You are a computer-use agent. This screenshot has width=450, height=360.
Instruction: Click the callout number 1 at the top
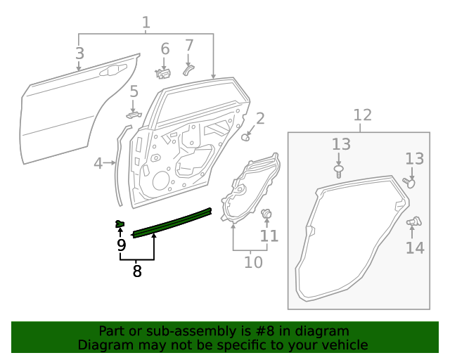click(x=146, y=22)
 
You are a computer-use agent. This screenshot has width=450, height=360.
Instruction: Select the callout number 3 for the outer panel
click(x=79, y=53)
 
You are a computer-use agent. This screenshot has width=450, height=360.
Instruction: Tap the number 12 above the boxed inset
click(x=362, y=115)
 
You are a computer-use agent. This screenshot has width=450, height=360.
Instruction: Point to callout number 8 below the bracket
click(x=137, y=270)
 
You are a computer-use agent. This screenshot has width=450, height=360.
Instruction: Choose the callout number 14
click(x=415, y=247)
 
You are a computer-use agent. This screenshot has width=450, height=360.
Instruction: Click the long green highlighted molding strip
click(x=172, y=222)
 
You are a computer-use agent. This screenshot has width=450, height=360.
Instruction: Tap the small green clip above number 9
click(x=120, y=224)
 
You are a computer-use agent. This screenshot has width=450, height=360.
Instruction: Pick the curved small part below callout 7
click(x=188, y=68)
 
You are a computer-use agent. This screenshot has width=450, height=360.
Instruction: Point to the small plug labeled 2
click(x=247, y=137)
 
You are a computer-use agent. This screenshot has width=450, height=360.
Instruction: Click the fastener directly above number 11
click(x=267, y=213)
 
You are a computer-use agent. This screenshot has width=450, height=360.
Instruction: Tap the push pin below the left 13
click(x=340, y=169)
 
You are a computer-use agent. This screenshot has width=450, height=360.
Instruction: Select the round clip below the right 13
click(x=410, y=182)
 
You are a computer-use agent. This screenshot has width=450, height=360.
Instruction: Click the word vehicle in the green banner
click(x=345, y=345)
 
